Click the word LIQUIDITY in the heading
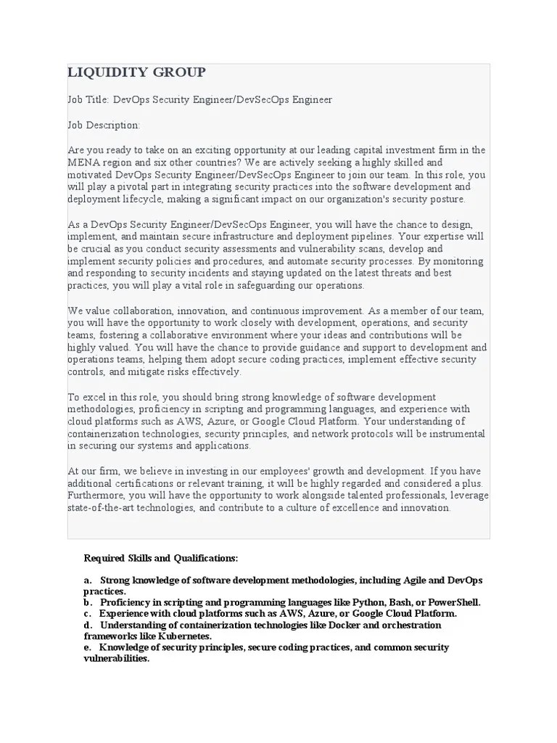[x=102, y=72]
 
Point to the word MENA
[x=82, y=163]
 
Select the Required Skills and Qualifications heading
[x=161, y=558]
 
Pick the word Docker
[x=340, y=625]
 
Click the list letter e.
[x=87, y=647]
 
